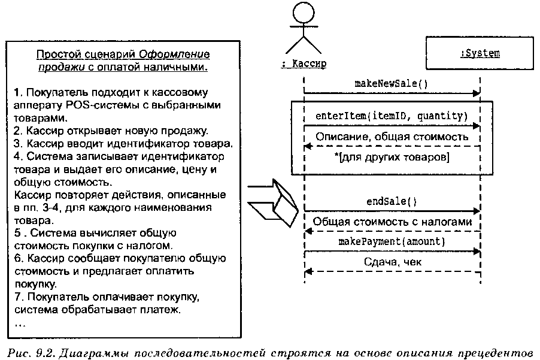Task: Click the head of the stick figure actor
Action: click(304, 13)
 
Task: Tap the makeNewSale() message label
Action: click(391, 84)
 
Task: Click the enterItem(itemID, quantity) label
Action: click(392, 116)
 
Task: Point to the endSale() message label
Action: click(392, 201)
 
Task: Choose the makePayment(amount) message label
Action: click(392, 241)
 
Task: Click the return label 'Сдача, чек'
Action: click(393, 262)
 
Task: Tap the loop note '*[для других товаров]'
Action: click(392, 157)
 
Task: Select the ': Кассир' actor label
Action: click(304, 63)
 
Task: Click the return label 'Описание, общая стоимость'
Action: click(392, 137)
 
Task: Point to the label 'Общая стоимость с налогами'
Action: click(392, 222)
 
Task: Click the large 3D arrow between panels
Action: click(273, 202)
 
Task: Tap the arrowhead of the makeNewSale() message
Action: click(477, 93)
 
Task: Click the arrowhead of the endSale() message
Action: click(477, 210)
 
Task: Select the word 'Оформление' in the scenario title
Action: click(174, 54)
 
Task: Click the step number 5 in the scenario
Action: click(17, 233)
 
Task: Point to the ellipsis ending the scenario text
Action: click(20, 325)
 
